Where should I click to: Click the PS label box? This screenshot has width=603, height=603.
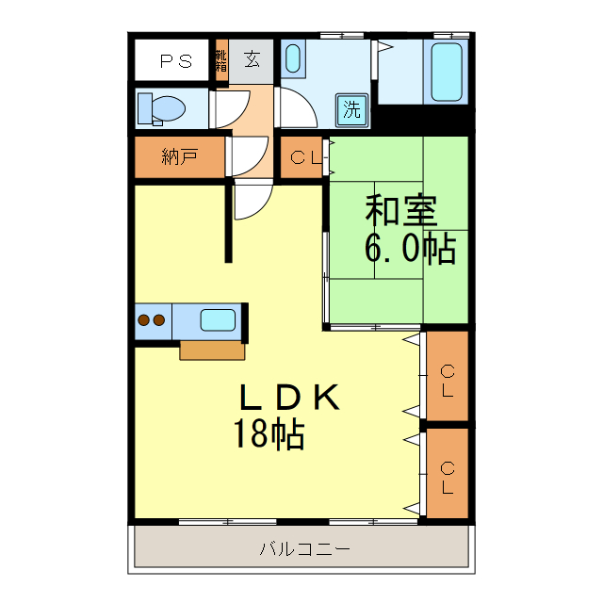click(x=175, y=61)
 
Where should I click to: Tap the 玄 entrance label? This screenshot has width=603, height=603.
click(x=252, y=60)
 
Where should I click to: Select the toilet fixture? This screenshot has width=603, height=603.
click(x=161, y=108)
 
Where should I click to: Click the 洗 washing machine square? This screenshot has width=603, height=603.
click(x=351, y=108)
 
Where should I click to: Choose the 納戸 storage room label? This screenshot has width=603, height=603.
click(x=179, y=157)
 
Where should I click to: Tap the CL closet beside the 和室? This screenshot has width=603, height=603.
click(x=302, y=157)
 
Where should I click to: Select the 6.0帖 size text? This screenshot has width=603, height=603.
click(x=410, y=248)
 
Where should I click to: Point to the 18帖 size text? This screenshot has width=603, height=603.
click(x=269, y=433)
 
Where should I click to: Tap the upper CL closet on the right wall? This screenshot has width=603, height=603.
click(x=448, y=376)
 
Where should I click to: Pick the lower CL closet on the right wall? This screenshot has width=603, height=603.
click(x=448, y=475)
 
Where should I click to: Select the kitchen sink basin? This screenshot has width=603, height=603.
click(x=218, y=319)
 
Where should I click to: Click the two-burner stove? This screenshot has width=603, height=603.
click(x=152, y=320)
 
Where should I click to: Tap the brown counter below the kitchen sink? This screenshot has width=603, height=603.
click(x=212, y=350)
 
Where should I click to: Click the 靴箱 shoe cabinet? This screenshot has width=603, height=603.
click(x=221, y=59)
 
